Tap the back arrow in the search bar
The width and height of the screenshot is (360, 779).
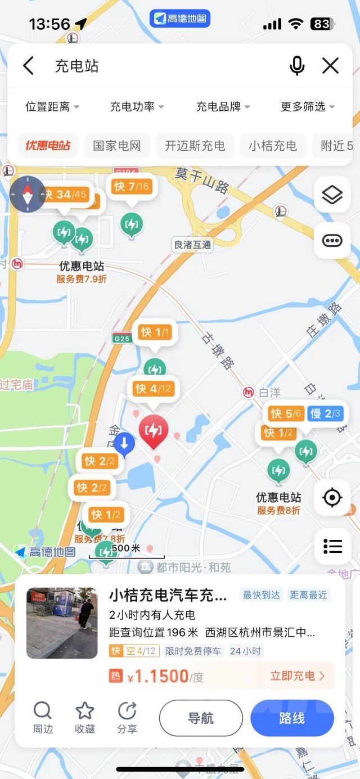(x=29, y=66)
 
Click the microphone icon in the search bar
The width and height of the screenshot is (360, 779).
(x=297, y=66)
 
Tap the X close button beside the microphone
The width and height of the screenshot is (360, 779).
(x=330, y=66)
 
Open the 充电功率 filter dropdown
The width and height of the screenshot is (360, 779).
(x=137, y=106)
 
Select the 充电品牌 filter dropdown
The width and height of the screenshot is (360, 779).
(x=223, y=106)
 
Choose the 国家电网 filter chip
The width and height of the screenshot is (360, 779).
(x=117, y=146)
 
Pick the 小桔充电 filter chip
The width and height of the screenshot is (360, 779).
(x=273, y=146)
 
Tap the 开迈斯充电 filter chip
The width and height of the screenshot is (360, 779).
(x=195, y=146)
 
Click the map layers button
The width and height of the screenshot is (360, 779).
(x=332, y=195)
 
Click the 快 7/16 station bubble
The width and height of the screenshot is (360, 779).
(x=132, y=187)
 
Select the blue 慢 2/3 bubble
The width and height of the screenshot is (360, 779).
(x=325, y=414)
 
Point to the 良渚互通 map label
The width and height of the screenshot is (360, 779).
(x=192, y=245)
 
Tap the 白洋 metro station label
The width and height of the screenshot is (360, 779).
(x=269, y=392)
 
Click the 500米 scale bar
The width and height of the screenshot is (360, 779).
(x=126, y=551)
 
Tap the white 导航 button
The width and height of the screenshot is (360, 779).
(x=201, y=718)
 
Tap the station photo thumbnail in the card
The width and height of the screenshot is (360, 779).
(x=62, y=623)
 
